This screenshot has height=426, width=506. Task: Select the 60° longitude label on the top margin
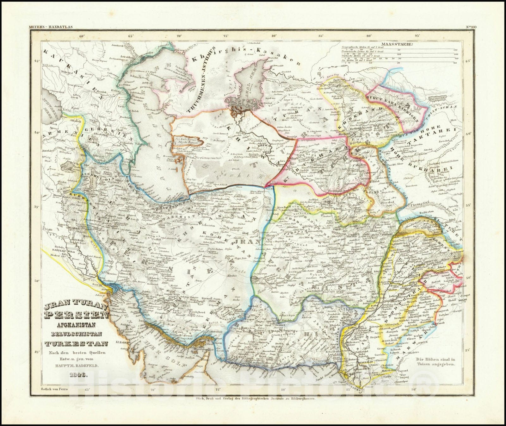[83, 36]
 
